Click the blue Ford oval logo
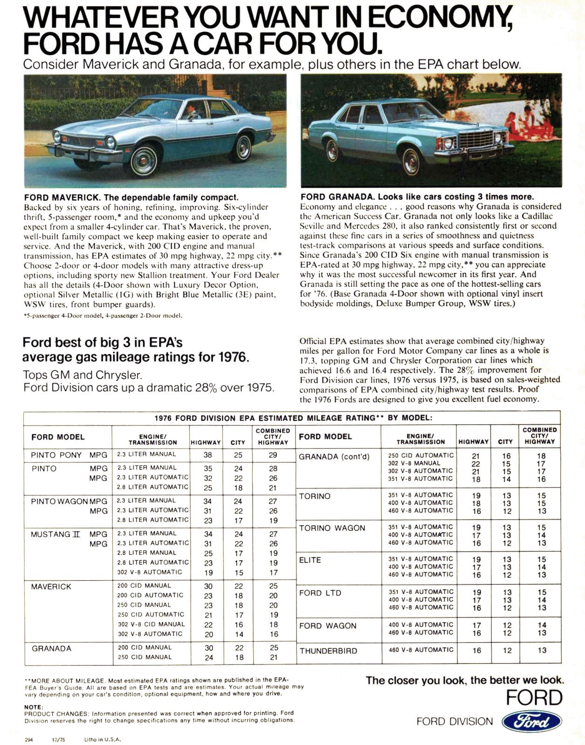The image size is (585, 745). [531, 722]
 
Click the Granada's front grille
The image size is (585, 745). [476, 139]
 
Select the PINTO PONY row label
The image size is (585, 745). [56, 455]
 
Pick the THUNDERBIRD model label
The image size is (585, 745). [328, 651]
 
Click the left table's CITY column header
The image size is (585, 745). [238, 442]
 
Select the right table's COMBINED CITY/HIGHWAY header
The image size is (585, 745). [539, 436]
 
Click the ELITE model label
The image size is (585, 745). [310, 560]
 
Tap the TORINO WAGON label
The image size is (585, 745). [332, 528]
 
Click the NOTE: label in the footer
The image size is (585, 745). [34, 707]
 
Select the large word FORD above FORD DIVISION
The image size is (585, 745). [534, 698]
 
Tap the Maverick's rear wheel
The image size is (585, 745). [243, 148]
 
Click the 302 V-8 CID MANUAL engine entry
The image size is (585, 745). [151, 624]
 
